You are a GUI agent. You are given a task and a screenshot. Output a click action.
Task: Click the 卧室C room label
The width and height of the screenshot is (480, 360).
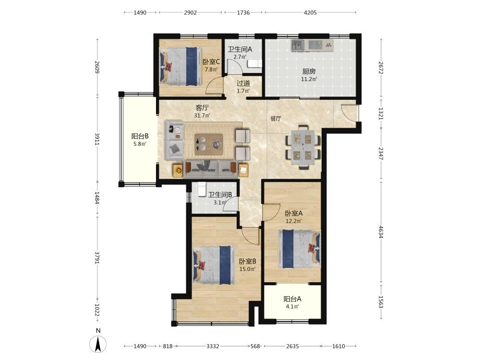211,61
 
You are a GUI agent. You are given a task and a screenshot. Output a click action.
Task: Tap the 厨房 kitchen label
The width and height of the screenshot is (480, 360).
309,72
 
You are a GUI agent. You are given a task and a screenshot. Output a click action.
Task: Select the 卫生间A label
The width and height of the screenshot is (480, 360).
240,49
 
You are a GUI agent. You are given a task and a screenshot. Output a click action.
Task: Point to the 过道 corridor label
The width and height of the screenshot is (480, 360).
243,83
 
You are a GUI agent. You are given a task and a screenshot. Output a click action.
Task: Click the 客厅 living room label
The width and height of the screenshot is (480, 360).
202,108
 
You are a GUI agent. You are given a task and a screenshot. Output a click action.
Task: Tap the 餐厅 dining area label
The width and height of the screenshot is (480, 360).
276,119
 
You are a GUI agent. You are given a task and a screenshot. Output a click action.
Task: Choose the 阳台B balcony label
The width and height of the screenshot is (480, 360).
140,136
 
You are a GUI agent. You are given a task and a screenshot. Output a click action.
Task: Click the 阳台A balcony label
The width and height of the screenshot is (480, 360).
292,299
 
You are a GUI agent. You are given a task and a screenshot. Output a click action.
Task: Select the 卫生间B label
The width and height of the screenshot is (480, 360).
220,195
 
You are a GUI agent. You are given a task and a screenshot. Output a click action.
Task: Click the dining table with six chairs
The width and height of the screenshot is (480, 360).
303,148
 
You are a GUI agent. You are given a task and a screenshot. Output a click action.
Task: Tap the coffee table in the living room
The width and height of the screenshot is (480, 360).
209,144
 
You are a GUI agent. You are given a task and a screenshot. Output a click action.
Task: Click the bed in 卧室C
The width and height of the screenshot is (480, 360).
180,66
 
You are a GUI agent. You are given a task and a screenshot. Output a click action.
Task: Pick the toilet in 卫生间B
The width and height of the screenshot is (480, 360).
202,189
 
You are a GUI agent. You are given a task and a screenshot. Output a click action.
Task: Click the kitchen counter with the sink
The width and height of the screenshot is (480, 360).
312,45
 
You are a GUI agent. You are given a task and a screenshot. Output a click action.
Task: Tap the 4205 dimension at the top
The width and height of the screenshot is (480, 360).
310,12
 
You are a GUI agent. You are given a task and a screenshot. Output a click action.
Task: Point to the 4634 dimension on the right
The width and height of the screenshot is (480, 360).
381,232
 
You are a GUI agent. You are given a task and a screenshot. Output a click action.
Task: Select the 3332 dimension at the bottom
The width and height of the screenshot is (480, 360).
213,346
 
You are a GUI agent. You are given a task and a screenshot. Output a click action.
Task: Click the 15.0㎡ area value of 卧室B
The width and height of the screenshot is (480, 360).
247,269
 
